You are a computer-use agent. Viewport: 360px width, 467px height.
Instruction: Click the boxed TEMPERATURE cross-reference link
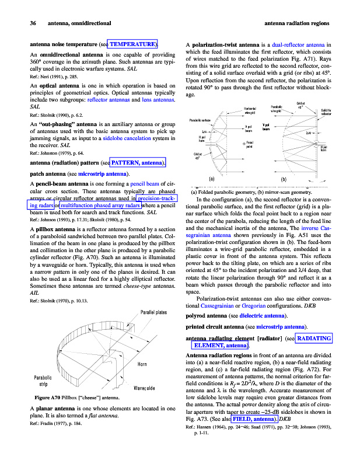(133, 44)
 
